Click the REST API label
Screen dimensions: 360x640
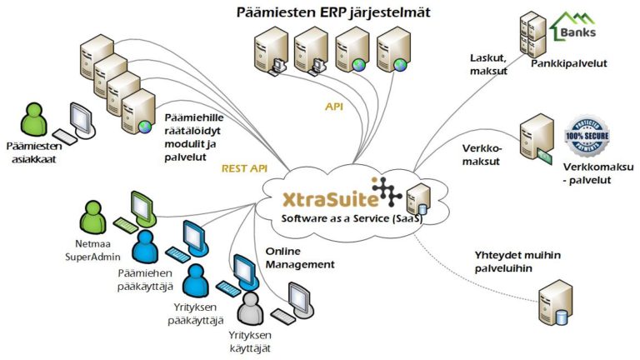(244, 168)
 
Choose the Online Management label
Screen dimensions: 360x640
(300, 257)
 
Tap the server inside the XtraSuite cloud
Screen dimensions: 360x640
(417, 200)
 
